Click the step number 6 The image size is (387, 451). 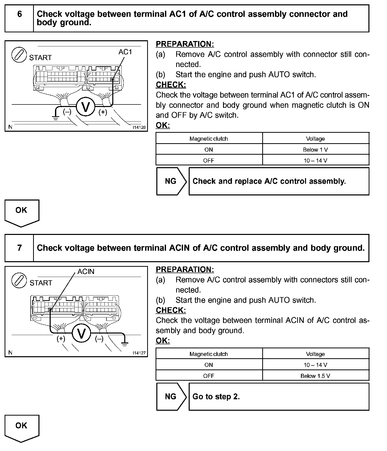tap(20, 14)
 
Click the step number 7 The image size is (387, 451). tap(20, 248)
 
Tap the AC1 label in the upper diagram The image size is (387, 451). tap(125, 52)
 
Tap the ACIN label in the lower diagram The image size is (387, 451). tap(86, 272)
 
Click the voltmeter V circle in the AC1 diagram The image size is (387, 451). tap(86, 107)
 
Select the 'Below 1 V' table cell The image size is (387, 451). tap(315, 150)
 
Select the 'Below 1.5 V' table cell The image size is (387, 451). tap(315, 376)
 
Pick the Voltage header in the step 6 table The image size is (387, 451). tap(315, 139)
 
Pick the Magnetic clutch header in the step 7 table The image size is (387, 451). tap(209, 354)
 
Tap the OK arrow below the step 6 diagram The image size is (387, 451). tap(22, 212)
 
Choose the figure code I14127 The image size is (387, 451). tap(139, 353)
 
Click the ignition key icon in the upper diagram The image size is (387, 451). tap(19, 55)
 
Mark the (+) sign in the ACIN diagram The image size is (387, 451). tap(61, 339)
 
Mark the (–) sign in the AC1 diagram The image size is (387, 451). tap(67, 112)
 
